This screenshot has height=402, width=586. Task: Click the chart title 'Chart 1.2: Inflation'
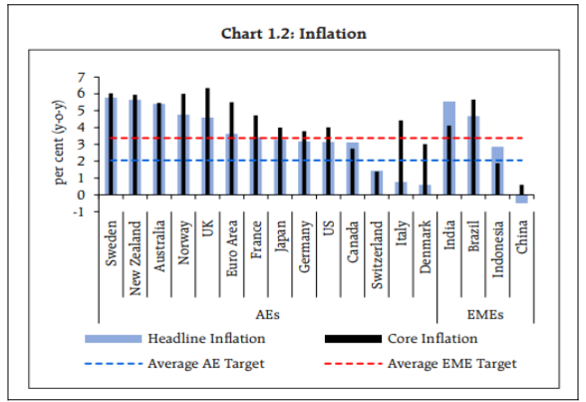click(x=293, y=34)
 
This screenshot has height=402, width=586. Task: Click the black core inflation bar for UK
click(x=207, y=141)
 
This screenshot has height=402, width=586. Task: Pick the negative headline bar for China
click(x=521, y=199)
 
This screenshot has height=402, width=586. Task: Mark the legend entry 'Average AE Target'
click(x=206, y=364)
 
